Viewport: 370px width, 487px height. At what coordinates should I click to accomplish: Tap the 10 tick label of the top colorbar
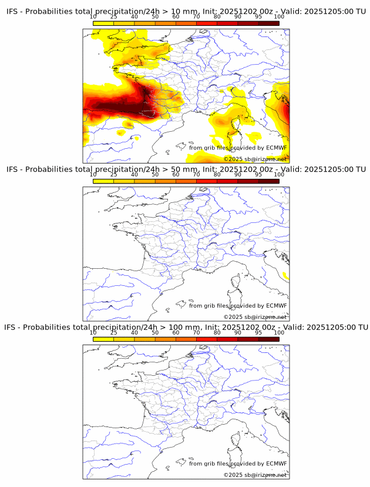click(x=93, y=17)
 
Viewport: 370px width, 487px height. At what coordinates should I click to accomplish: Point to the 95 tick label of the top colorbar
click(x=258, y=17)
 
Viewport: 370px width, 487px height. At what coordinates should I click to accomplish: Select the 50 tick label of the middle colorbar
click(x=155, y=175)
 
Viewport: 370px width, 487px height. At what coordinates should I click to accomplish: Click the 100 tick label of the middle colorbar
click(x=279, y=175)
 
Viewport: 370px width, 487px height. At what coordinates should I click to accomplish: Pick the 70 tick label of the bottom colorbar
click(x=196, y=333)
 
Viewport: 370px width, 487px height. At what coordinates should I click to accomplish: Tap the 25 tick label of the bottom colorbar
click(x=114, y=333)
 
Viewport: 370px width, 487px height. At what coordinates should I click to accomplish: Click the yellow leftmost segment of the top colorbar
click(x=103, y=24)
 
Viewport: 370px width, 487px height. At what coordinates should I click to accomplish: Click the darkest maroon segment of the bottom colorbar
click(x=268, y=339)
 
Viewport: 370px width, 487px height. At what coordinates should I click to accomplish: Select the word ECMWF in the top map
click(x=277, y=148)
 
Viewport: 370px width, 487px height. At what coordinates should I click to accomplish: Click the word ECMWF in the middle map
click(x=277, y=306)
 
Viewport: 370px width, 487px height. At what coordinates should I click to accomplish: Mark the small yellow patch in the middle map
click(x=286, y=276)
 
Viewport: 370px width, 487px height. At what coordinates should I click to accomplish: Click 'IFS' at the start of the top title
click(x=13, y=11)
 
